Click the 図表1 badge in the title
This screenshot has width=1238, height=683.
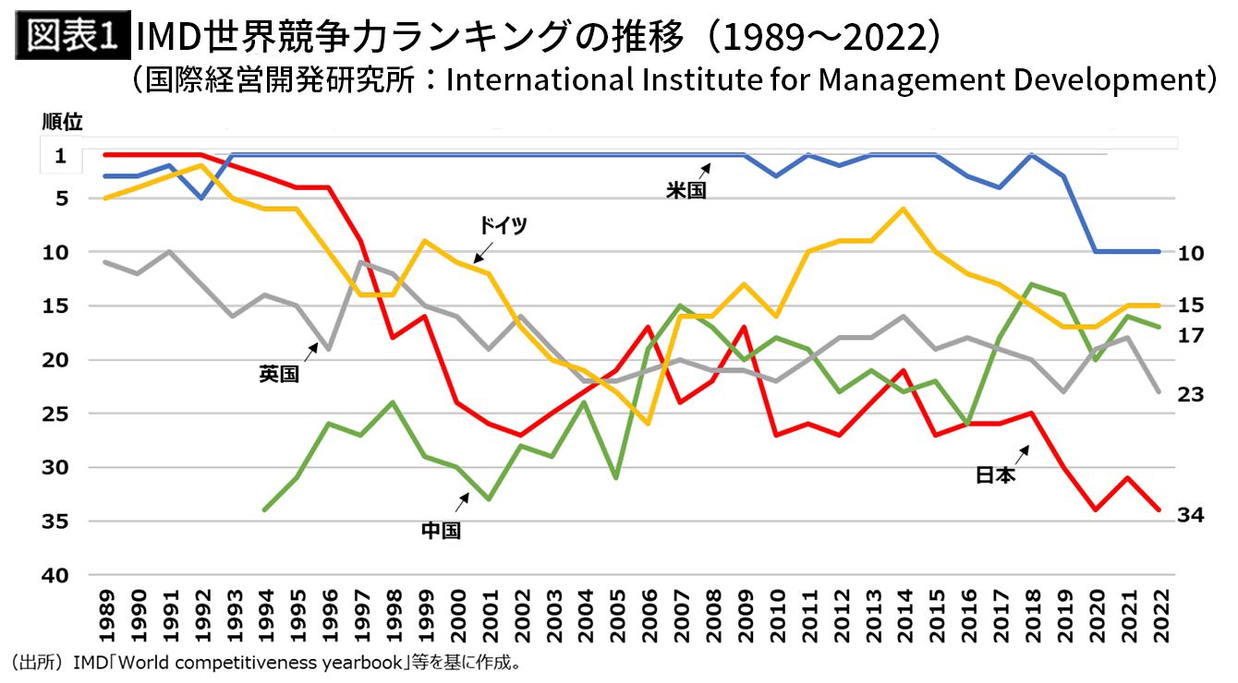71,36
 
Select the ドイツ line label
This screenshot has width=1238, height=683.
503,225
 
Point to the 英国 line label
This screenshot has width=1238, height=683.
279,375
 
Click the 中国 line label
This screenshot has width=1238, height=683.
441,531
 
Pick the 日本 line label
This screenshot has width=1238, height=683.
995,476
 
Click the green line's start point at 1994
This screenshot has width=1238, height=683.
265,509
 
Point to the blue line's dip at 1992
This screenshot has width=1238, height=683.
201,198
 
